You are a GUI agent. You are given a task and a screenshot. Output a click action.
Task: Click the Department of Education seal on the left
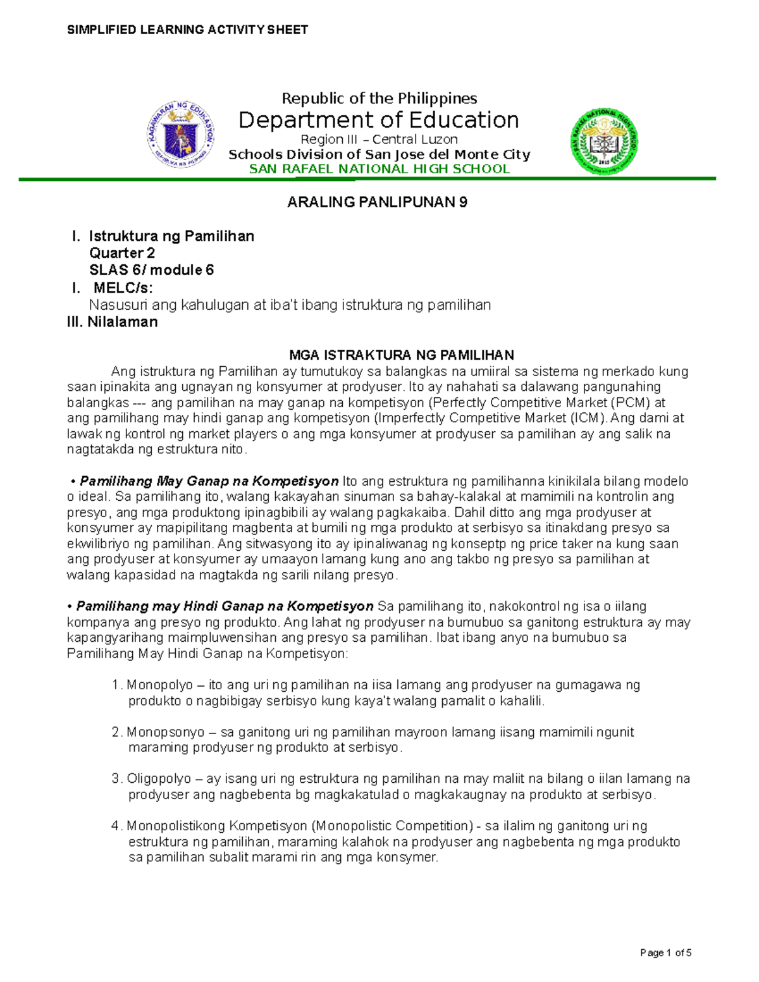coord(181,135)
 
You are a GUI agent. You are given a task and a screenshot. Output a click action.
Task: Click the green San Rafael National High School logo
coord(604,142)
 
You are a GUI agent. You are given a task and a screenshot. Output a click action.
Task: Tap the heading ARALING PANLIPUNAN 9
coord(377,202)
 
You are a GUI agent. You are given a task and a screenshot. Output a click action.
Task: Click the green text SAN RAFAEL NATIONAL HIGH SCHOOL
coord(379,169)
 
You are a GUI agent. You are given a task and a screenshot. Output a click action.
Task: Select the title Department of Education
coord(378,120)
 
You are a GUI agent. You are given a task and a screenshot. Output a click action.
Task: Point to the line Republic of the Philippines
coord(379,98)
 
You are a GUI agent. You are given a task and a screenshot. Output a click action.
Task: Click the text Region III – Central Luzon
coord(379,139)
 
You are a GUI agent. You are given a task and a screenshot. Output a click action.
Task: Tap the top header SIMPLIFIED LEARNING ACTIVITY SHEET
coord(187,30)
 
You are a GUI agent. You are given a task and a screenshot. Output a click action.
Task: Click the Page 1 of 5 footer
coord(665,953)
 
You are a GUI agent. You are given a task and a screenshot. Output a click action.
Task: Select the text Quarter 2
coord(121,253)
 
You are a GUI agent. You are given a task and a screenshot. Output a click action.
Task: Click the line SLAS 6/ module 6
coord(151,270)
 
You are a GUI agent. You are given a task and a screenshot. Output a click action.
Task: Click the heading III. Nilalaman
coord(113,322)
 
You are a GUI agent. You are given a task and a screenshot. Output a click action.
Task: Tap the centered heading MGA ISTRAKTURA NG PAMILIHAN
coord(401,355)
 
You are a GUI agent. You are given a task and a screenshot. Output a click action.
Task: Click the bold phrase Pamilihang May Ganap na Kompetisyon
coord(209,481)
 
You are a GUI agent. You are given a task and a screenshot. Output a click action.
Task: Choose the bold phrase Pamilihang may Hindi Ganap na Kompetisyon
coord(225,606)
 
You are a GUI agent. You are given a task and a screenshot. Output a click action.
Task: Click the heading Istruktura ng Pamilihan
coord(171,236)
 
